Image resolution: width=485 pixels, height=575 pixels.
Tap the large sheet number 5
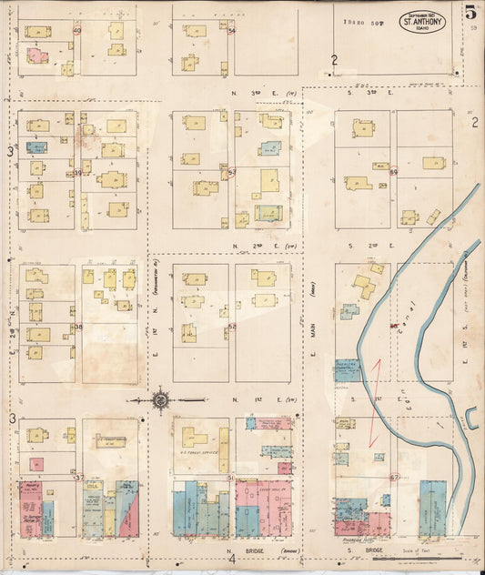470,13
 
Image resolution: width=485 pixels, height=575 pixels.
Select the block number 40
77,31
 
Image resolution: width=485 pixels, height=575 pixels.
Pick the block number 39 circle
77,172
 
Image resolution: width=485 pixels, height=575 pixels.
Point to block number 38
77,327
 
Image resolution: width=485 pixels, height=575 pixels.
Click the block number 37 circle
78,477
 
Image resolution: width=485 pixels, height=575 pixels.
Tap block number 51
231,477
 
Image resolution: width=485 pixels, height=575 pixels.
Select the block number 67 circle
394,477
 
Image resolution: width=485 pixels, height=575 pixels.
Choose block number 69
394,172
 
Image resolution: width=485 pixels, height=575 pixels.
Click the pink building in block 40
35,56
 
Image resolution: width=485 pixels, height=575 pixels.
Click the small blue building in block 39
35,146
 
